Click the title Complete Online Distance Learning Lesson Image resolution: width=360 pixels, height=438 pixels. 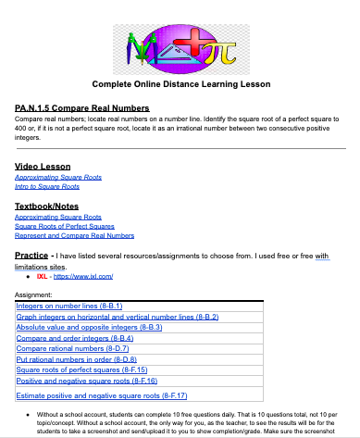point(180,84)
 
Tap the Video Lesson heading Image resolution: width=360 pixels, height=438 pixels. point(43,165)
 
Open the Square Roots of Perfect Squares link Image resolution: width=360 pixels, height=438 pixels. point(65,226)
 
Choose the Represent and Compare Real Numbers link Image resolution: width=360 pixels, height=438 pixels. point(75,235)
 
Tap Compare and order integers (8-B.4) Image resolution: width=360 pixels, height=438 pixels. point(77,337)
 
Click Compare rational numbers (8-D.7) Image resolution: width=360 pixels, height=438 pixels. point(77,348)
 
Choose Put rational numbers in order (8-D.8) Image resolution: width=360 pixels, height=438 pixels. point(77,358)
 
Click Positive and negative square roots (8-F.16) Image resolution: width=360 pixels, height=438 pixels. point(87,380)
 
